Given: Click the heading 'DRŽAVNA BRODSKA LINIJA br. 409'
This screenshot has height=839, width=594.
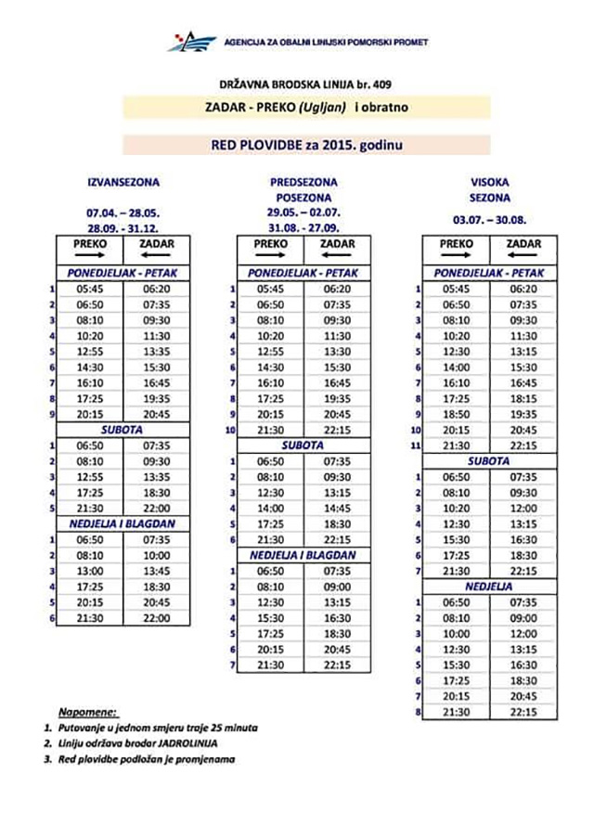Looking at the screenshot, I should tap(297, 84).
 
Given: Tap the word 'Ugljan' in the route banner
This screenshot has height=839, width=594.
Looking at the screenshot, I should tap(326, 108).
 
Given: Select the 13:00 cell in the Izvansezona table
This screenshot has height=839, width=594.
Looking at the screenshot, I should tap(90, 570).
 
